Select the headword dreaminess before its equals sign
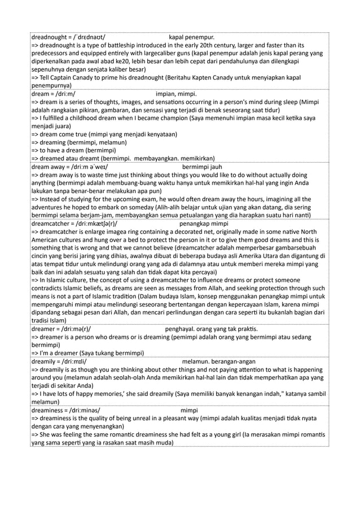[47, 411]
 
